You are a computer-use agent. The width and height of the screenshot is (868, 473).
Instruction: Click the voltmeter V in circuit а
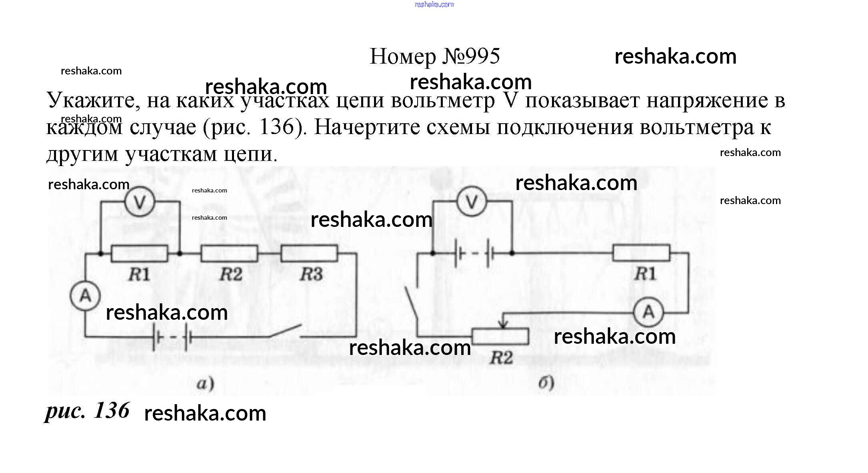(139, 202)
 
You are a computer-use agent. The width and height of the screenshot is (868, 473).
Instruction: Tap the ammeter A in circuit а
(85, 296)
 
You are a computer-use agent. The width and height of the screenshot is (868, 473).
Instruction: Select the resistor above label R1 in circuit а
(139, 253)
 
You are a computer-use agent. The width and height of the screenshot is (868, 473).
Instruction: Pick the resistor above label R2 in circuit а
(229, 253)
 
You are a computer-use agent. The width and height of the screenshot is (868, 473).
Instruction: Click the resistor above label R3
(309, 253)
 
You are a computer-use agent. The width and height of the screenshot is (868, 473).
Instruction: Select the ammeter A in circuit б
(648, 312)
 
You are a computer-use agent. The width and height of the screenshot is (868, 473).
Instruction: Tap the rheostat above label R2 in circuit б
(500, 337)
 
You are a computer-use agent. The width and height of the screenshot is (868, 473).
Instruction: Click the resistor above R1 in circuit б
(641, 253)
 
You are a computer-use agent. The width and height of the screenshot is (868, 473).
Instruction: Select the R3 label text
(311, 275)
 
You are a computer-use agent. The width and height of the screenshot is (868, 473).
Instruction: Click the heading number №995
(471, 56)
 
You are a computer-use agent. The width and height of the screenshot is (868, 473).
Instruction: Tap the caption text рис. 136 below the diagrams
(87, 411)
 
